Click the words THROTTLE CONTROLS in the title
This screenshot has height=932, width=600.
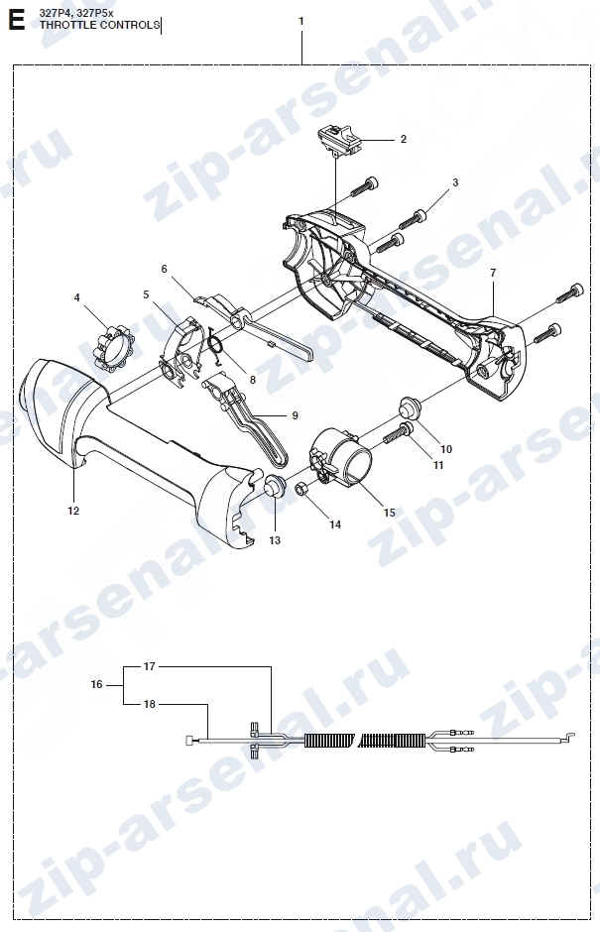pyautogui.click(x=99, y=25)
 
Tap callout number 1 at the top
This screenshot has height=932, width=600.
pyautogui.click(x=300, y=22)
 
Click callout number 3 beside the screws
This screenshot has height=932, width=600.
pyautogui.click(x=455, y=183)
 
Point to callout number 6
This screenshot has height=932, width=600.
pyautogui.click(x=165, y=270)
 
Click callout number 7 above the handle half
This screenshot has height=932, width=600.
pyautogui.click(x=493, y=274)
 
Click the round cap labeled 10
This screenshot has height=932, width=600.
pyautogui.click(x=411, y=408)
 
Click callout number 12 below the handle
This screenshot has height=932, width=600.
pyautogui.click(x=73, y=511)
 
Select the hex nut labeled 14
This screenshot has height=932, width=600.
pyautogui.click(x=301, y=491)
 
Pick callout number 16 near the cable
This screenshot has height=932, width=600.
pyautogui.click(x=97, y=685)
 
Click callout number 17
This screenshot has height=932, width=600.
pyautogui.click(x=150, y=666)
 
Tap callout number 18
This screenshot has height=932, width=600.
pyautogui.click(x=150, y=704)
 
